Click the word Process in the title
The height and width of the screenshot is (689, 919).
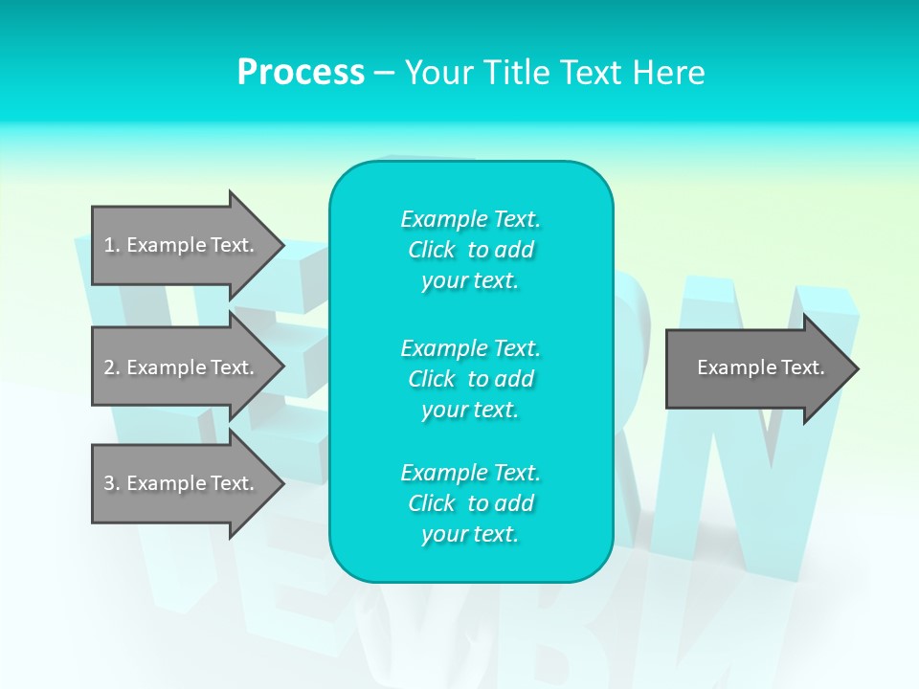coord(301,73)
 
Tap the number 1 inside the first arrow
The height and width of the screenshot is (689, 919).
coord(109,245)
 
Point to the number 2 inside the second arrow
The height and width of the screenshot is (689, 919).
coord(109,367)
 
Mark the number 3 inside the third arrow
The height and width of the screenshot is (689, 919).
coord(109,483)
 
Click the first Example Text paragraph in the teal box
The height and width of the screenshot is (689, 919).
coord(470,250)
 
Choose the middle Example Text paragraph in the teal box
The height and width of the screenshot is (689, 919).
coord(470,379)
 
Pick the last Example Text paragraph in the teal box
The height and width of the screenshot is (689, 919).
coord(470,503)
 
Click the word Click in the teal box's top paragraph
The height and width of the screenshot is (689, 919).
coord(431,250)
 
